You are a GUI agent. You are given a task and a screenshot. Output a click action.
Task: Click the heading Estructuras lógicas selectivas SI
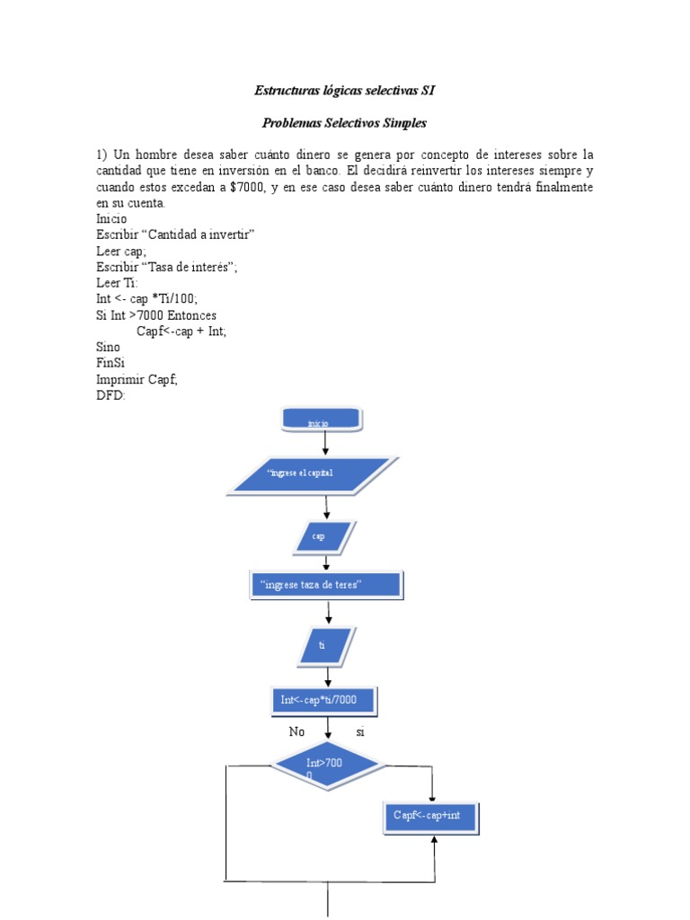tap(345, 91)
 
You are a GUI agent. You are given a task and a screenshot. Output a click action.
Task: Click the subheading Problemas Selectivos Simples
tap(345, 122)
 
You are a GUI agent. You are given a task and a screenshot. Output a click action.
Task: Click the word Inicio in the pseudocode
tap(111, 218)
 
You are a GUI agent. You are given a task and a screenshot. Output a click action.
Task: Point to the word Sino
tap(109, 347)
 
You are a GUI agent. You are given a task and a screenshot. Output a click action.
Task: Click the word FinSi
tap(111, 362)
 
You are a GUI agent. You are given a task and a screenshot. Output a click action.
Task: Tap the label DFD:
tap(111, 394)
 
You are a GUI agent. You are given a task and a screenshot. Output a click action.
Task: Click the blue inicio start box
tap(322, 420)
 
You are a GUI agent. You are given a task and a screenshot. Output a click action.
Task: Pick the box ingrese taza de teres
tap(325, 586)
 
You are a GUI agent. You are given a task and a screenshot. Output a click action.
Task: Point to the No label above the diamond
tap(296, 732)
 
